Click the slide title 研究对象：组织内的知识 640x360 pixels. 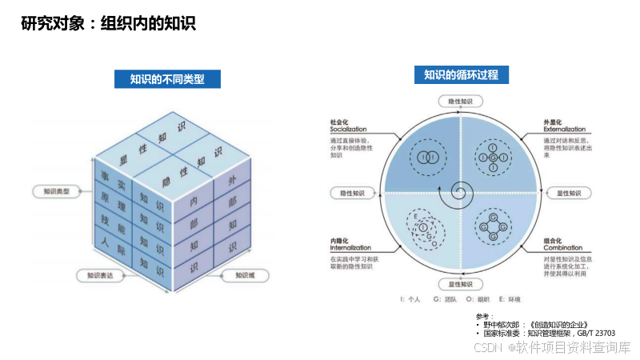108,24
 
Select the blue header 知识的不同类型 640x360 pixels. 167,78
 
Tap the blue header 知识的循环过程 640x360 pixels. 461,75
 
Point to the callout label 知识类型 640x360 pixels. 55,192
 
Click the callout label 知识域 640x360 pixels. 245,275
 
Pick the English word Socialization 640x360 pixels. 348,129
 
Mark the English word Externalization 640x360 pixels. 567,129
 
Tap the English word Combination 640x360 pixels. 563,248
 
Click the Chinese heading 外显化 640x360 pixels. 554,121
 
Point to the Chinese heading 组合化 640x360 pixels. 554,240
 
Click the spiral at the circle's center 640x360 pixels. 461,192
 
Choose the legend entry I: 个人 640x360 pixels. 411,299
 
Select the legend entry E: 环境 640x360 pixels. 509,299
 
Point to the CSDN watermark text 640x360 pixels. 552,347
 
